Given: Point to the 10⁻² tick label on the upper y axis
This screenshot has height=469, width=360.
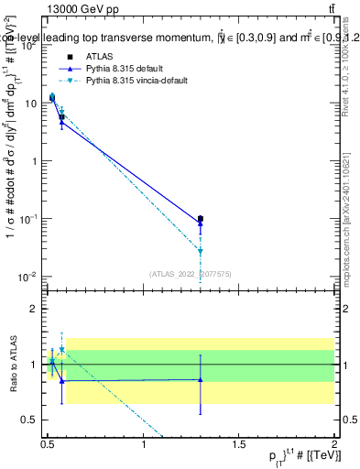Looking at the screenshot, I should pos(29,276).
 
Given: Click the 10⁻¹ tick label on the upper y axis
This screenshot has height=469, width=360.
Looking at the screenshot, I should pos(29,218).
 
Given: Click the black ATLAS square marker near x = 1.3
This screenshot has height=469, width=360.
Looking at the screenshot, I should pos(201,219).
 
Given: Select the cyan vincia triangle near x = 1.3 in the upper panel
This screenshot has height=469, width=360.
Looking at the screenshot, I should pos(201,250).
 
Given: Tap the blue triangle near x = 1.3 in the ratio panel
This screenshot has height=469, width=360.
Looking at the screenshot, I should pos(201,379).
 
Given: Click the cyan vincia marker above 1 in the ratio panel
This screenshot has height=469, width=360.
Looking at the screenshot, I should pos(61,349).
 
